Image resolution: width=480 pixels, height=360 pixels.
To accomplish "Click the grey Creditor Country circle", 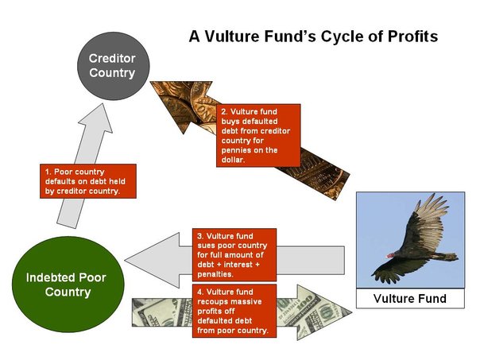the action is [112, 67].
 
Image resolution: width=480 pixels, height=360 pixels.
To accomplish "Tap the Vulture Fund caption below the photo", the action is [411, 300].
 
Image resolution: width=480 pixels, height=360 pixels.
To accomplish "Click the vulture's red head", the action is [390, 254].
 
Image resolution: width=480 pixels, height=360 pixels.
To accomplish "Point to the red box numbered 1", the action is [88, 182].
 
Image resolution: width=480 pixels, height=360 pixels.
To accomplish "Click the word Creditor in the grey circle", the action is [112, 59].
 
